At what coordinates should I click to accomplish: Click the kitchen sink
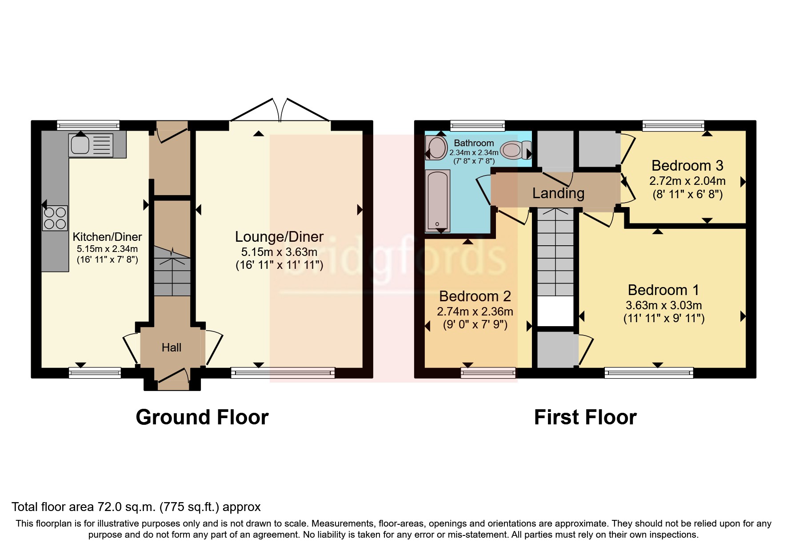tap(91, 145)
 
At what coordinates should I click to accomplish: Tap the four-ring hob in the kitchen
tap(55, 218)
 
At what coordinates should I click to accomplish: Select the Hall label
tap(172, 347)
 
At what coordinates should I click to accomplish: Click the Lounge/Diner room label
tap(279, 237)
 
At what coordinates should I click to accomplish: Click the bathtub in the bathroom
tap(438, 201)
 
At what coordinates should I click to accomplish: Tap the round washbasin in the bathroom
tap(436, 148)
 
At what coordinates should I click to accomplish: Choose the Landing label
tap(558, 193)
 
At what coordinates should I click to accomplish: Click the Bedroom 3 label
tap(687, 166)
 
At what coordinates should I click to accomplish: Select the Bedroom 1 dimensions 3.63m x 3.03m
tap(664, 305)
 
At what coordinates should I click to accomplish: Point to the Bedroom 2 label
tap(475, 296)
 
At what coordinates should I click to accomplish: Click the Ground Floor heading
tap(202, 417)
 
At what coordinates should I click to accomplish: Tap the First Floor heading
tap(585, 417)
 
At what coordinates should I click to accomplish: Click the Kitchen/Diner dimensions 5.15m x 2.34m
tap(107, 249)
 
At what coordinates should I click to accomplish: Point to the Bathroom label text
tap(474, 143)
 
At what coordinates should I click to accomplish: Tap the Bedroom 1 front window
tap(649, 372)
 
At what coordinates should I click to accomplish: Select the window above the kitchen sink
tap(88, 125)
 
